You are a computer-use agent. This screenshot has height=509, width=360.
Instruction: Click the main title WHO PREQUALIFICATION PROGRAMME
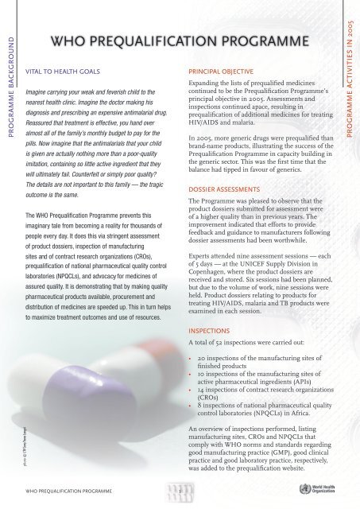point(180,41)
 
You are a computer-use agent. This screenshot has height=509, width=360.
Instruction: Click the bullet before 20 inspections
point(188,358)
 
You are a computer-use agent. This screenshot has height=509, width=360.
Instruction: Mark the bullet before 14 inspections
point(188,390)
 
